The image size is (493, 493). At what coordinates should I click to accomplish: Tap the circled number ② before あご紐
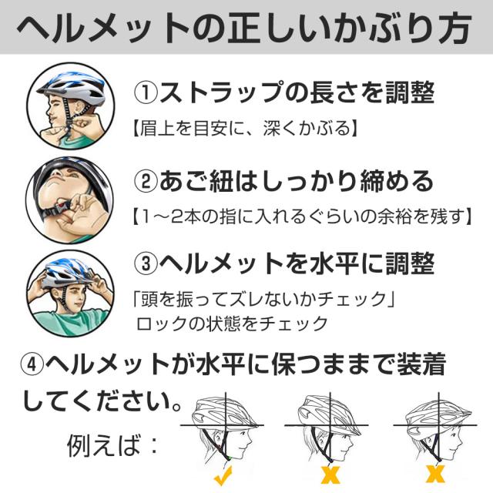click(x=146, y=182)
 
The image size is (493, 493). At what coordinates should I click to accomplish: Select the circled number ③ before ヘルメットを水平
click(x=146, y=264)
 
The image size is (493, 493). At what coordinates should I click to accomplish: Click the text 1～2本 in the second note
click(x=165, y=216)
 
